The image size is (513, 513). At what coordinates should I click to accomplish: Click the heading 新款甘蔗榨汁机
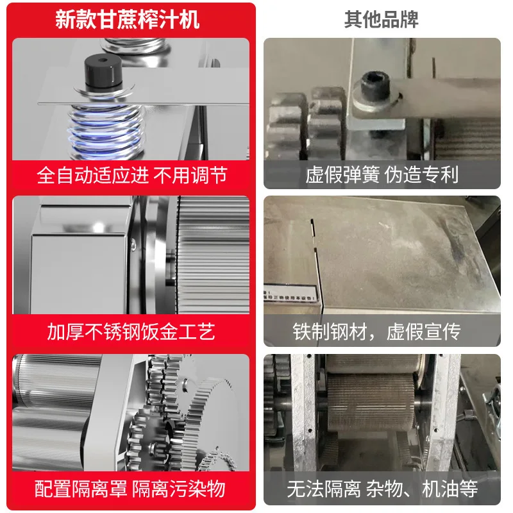point(128,19)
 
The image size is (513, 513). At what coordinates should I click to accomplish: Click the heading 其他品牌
point(382,19)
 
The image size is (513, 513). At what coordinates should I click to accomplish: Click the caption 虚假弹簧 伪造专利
point(382,174)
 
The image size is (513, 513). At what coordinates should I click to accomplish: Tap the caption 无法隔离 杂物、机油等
point(382,489)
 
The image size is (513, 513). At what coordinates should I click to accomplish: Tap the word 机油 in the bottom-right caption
point(441,489)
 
